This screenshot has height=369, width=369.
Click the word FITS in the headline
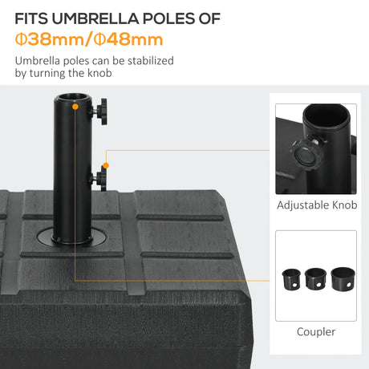pos(34,18)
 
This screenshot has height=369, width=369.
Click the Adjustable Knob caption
pos(316,205)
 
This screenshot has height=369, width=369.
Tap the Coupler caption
pos(316,331)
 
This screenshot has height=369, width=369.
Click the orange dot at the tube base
pos(75,237)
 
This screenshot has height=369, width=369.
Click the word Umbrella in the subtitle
pos(36,61)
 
